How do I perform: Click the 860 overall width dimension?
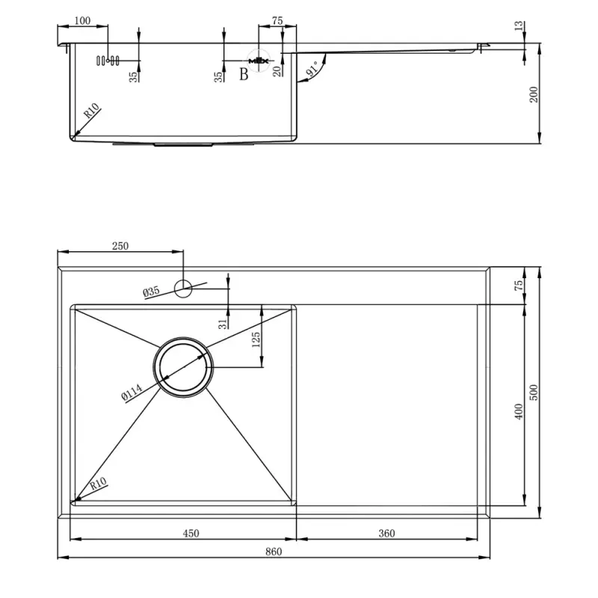pos(274,552)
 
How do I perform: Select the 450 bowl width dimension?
pos(191,533)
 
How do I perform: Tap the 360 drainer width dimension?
pos(386,533)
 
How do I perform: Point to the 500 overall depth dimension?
pos(534,392)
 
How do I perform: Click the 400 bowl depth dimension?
pos(519,412)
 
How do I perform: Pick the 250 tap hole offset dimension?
pos(120,246)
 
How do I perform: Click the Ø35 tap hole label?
pos(151,292)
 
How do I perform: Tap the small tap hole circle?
pos(183,289)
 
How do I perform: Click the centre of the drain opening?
pos(183,367)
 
